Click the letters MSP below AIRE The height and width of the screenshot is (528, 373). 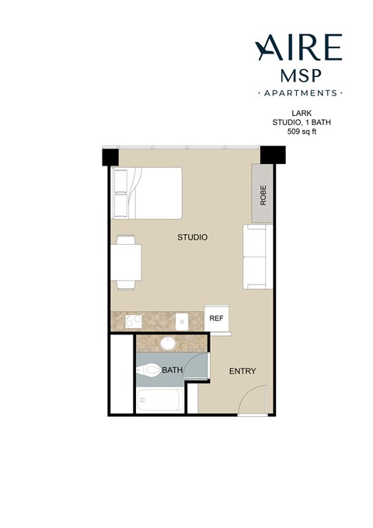pos(298,76)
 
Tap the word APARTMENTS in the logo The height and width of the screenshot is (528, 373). pos(298,93)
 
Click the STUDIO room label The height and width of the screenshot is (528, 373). pos(192,237)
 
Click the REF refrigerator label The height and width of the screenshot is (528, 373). pos(217,318)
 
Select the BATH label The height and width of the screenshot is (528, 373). pos(172,371)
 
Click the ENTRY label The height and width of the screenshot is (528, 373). pos(242,371)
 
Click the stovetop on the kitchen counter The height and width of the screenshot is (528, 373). pos(131,320)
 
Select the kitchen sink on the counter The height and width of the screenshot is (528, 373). pos(182,320)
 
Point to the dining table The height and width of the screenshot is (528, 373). pos(127,262)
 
